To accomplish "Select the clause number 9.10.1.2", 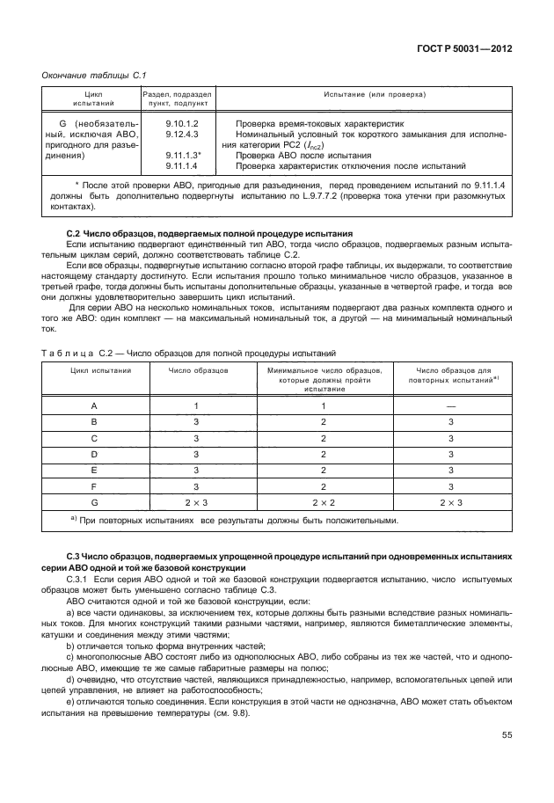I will (x=183, y=124).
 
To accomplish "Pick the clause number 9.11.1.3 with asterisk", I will (x=184, y=155).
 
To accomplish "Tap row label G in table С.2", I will (x=94, y=500).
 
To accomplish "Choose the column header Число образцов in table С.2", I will (x=199, y=371).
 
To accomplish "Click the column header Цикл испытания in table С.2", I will (x=95, y=371).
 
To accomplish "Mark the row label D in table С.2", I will (x=94, y=453).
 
